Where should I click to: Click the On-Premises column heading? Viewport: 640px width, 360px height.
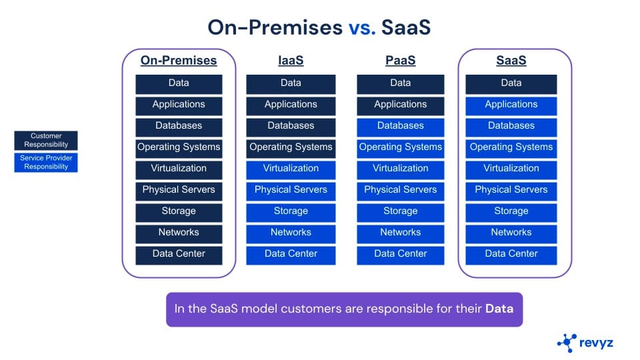pos(179,61)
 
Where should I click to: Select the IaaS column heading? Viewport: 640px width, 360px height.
pos(291,61)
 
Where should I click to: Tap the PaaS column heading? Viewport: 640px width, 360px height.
pos(400,61)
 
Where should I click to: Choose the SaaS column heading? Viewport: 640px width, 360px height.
pos(511,61)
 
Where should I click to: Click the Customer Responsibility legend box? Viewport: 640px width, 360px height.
pos(46,140)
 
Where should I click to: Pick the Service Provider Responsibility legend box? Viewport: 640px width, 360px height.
pos(46,163)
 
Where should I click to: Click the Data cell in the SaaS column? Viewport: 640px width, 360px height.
pos(511,83)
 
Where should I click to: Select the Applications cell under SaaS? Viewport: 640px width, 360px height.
pos(511,105)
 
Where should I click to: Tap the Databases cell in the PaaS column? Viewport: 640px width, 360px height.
pos(400,126)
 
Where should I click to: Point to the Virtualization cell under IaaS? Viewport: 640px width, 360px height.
pos(291,169)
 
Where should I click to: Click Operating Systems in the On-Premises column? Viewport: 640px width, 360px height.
pos(179,147)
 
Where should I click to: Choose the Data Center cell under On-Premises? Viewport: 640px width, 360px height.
pos(179,254)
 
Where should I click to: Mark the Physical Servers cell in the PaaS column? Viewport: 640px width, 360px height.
pos(400,190)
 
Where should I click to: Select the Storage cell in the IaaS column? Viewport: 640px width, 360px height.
pos(291,211)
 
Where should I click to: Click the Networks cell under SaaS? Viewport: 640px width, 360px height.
pos(511,233)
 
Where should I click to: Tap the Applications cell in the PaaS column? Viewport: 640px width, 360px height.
pos(400,105)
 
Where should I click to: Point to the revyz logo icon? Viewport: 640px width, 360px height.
pos(567,343)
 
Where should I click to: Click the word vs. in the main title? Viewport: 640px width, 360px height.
pos(363,27)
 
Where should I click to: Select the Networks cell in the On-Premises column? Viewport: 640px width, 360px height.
pos(179,233)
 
